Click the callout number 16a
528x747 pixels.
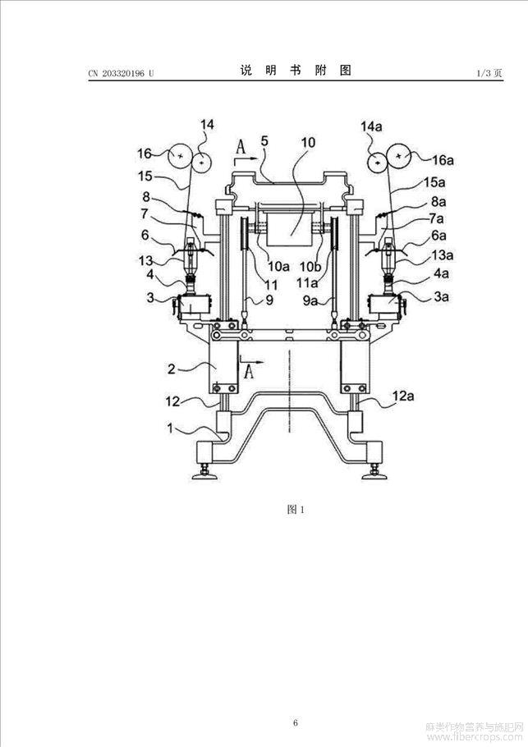click(443, 161)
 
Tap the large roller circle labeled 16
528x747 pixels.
click(180, 156)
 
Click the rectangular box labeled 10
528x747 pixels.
click(290, 229)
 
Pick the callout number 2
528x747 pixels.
click(171, 369)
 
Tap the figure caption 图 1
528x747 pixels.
click(296, 509)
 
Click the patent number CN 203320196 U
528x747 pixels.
click(121, 73)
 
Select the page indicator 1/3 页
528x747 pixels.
click(489, 73)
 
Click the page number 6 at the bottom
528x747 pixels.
click(296, 710)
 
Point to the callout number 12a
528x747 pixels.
click(402, 396)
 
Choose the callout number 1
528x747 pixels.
click(170, 428)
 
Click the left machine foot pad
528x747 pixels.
click(204, 475)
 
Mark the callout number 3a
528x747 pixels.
click(441, 296)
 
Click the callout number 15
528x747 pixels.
click(145, 176)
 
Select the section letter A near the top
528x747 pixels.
click(241, 148)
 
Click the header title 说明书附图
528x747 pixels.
click(296, 71)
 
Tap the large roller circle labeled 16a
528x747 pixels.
click(399, 155)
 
